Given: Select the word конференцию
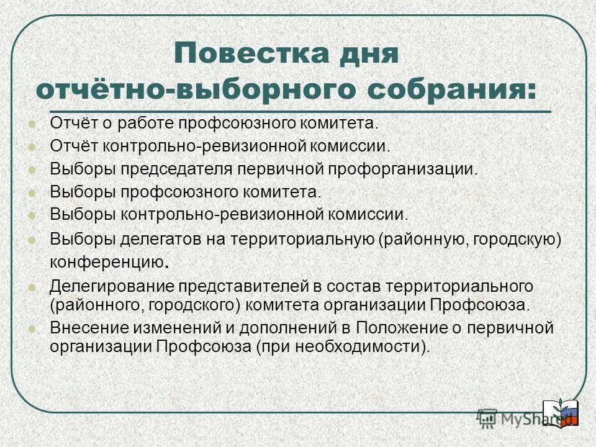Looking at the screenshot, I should click(x=106, y=263).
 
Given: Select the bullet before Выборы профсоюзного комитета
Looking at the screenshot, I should click(x=33, y=192).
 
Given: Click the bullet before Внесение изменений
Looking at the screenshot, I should click(x=33, y=328).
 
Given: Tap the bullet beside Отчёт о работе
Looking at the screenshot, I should click(x=33, y=123).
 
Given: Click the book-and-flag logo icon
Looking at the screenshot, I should click(x=561, y=411).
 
